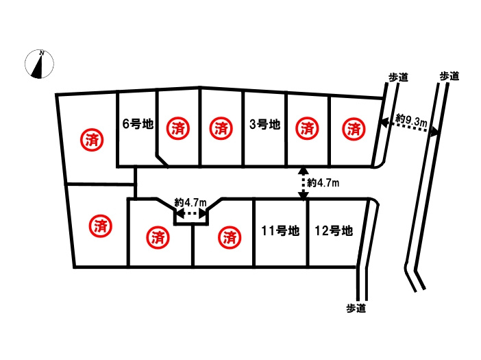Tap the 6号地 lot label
137,125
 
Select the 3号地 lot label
264,125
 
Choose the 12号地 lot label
334,231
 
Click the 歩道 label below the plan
356,309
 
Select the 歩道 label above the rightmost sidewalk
449,76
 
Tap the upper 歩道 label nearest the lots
398,77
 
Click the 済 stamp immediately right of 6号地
177,128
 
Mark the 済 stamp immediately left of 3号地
221,128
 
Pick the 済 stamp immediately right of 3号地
308,128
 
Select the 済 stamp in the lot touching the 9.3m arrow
354,128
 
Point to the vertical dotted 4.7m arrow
304,183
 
